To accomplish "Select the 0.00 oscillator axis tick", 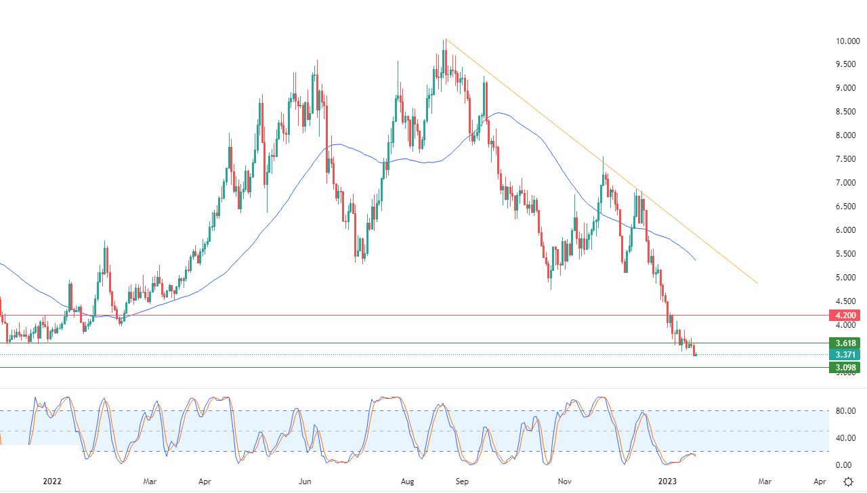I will [x=843, y=465].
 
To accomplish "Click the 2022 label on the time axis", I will [x=52, y=481].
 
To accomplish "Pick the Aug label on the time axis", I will [x=408, y=481].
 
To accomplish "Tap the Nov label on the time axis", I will [x=564, y=481].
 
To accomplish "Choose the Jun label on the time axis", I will [x=305, y=481].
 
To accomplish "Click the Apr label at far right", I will [x=819, y=481].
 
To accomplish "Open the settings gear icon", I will [x=849, y=481].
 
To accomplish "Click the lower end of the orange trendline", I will [x=757, y=283].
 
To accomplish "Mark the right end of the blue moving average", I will [x=696, y=260].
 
